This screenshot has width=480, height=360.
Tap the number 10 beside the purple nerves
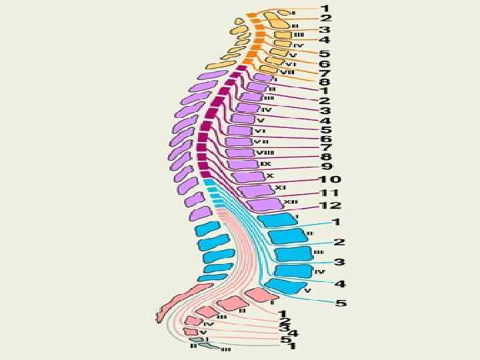[x=331, y=179]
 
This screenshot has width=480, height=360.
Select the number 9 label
[x=327, y=166]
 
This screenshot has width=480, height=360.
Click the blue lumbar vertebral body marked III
[x=294, y=254]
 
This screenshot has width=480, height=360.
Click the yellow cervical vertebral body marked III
[x=280, y=35]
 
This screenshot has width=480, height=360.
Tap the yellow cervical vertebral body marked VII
[x=271, y=69]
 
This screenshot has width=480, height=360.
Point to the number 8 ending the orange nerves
[x=324, y=82]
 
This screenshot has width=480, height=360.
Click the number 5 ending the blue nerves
[x=341, y=303]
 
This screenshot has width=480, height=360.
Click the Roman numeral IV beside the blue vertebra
[x=319, y=271]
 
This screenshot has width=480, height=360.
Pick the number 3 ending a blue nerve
[x=339, y=263]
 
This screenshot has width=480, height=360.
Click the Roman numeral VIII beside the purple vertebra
[x=264, y=153]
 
